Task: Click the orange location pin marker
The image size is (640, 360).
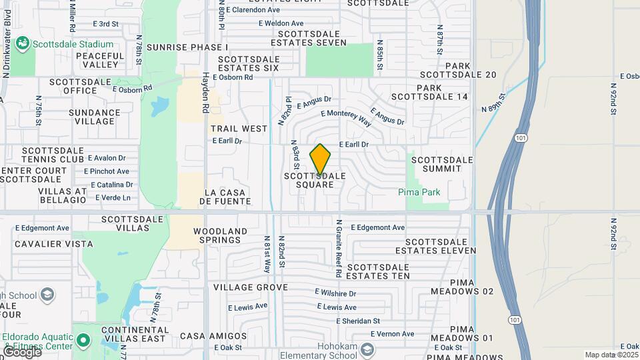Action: point(320,159)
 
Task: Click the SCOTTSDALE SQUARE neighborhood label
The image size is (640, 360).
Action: point(315,180)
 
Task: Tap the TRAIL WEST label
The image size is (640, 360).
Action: point(230,128)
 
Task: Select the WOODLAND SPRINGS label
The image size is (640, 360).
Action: point(221,236)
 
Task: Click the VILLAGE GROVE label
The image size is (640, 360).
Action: point(251,287)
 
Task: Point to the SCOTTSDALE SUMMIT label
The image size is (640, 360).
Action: point(442,164)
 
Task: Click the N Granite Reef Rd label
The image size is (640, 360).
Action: point(339,248)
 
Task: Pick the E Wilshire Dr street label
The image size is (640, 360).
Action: point(335,293)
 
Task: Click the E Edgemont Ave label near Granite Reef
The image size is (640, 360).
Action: point(377,227)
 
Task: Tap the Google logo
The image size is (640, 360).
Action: point(21,352)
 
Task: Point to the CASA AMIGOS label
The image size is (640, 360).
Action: point(213,335)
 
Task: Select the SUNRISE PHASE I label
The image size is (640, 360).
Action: point(187,47)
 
